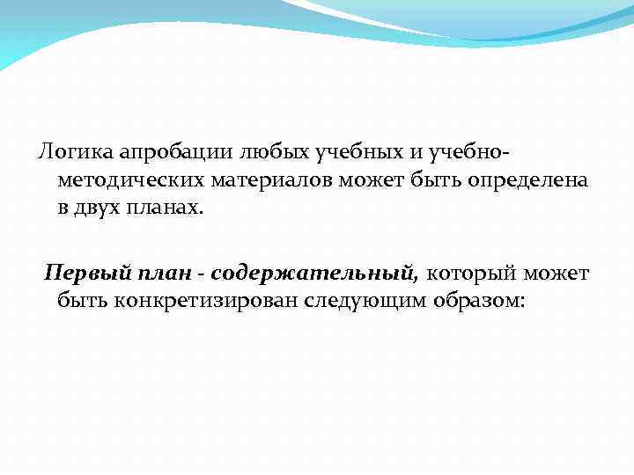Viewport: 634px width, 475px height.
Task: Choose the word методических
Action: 130,182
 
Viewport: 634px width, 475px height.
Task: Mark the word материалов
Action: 271,181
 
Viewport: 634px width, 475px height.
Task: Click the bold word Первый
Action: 80,272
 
